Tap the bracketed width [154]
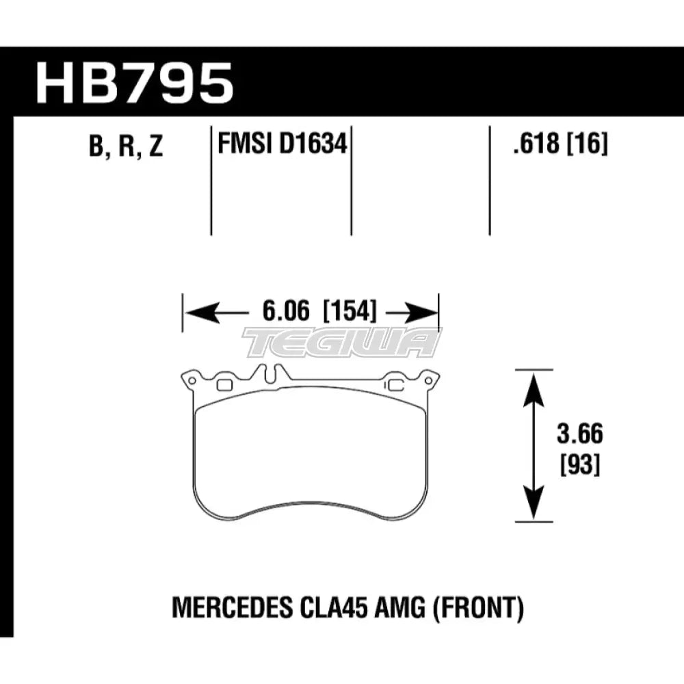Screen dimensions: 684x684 pos(349,312)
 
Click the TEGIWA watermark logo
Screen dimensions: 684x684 pos(342,342)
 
